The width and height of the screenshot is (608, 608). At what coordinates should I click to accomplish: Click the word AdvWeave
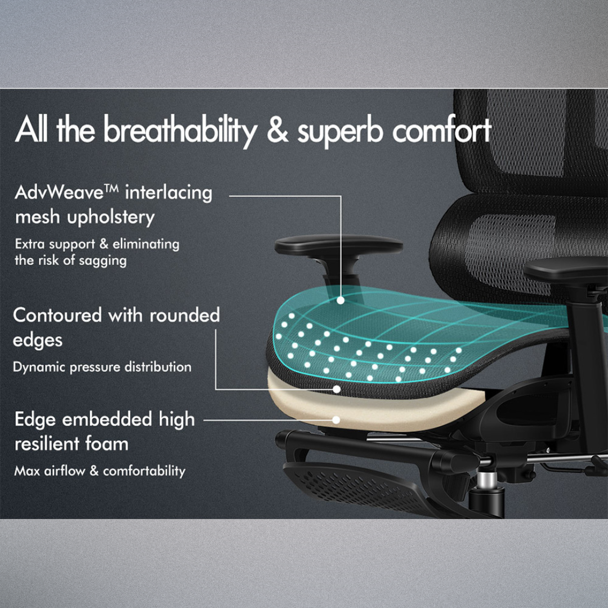click(66, 193)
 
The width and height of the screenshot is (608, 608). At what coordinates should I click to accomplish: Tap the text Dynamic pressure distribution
click(102, 367)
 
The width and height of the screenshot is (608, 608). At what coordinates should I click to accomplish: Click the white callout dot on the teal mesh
click(341, 301)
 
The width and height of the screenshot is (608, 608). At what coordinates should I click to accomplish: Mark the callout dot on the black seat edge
click(337, 388)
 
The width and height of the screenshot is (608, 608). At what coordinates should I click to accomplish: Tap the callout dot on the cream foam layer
click(336, 419)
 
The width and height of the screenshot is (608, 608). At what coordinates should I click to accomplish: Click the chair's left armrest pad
click(338, 245)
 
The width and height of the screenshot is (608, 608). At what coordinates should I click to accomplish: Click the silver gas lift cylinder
click(488, 481)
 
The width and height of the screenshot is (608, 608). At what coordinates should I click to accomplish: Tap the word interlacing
click(169, 193)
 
